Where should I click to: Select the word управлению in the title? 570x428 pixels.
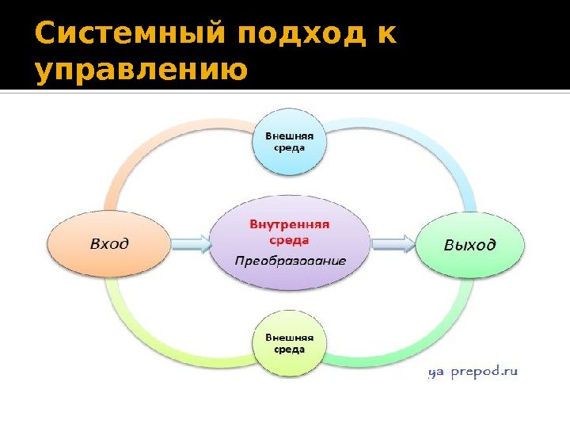click(x=142, y=72)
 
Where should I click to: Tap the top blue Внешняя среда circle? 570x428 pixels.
click(x=289, y=143)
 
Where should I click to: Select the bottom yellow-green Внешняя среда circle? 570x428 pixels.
click(x=289, y=346)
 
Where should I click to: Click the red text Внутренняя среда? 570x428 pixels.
click(x=290, y=231)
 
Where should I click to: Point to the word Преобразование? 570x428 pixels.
click(x=290, y=260)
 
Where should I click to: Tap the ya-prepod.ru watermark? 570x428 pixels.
click(x=473, y=371)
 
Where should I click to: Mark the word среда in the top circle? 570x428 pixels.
click(x=289, y=148)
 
